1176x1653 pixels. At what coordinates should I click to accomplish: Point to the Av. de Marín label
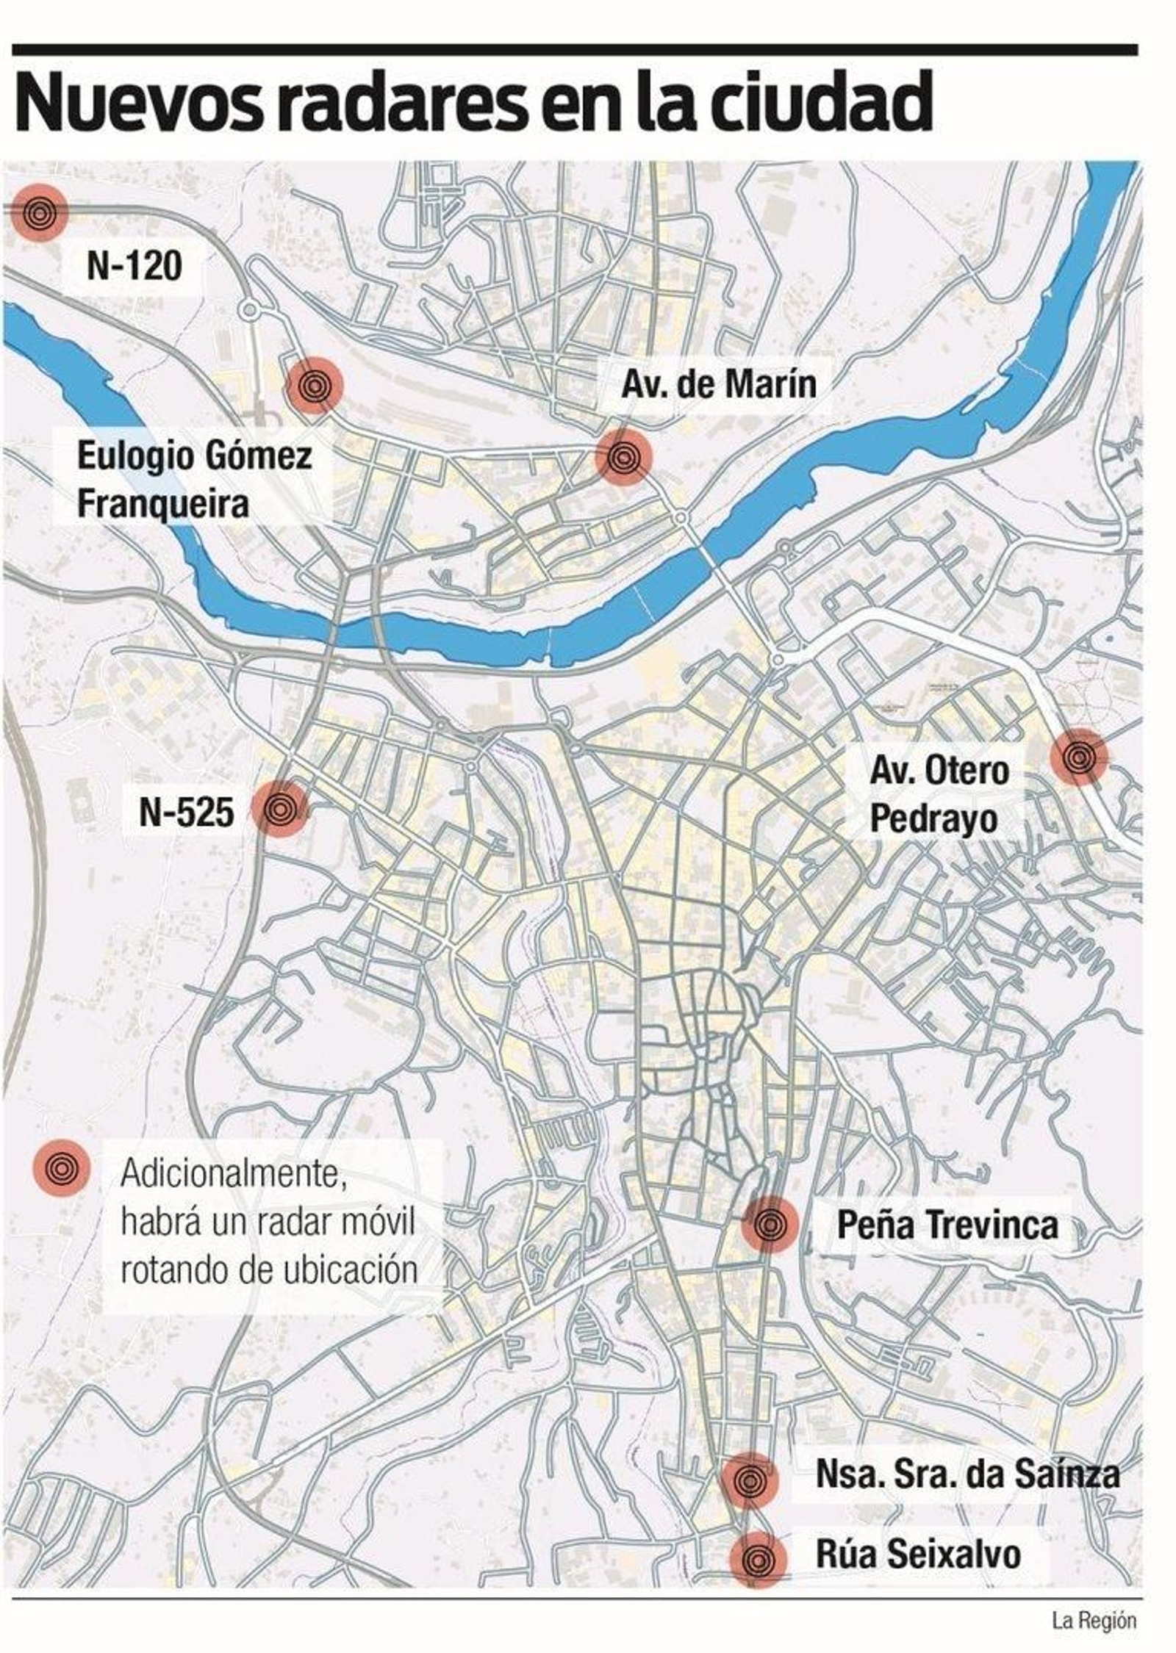[718, 383]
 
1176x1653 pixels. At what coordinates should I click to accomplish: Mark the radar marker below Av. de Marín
[624, 458]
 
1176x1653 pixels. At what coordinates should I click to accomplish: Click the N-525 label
[187, 812]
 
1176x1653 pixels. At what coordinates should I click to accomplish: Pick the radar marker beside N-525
[279, 809]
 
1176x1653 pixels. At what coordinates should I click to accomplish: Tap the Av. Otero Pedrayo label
[939, 796]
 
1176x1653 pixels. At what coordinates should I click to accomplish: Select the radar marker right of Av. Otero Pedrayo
[1078, 757]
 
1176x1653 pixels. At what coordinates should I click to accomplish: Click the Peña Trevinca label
[947, 1225]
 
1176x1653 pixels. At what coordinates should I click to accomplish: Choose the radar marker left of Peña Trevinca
[770, 1224]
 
